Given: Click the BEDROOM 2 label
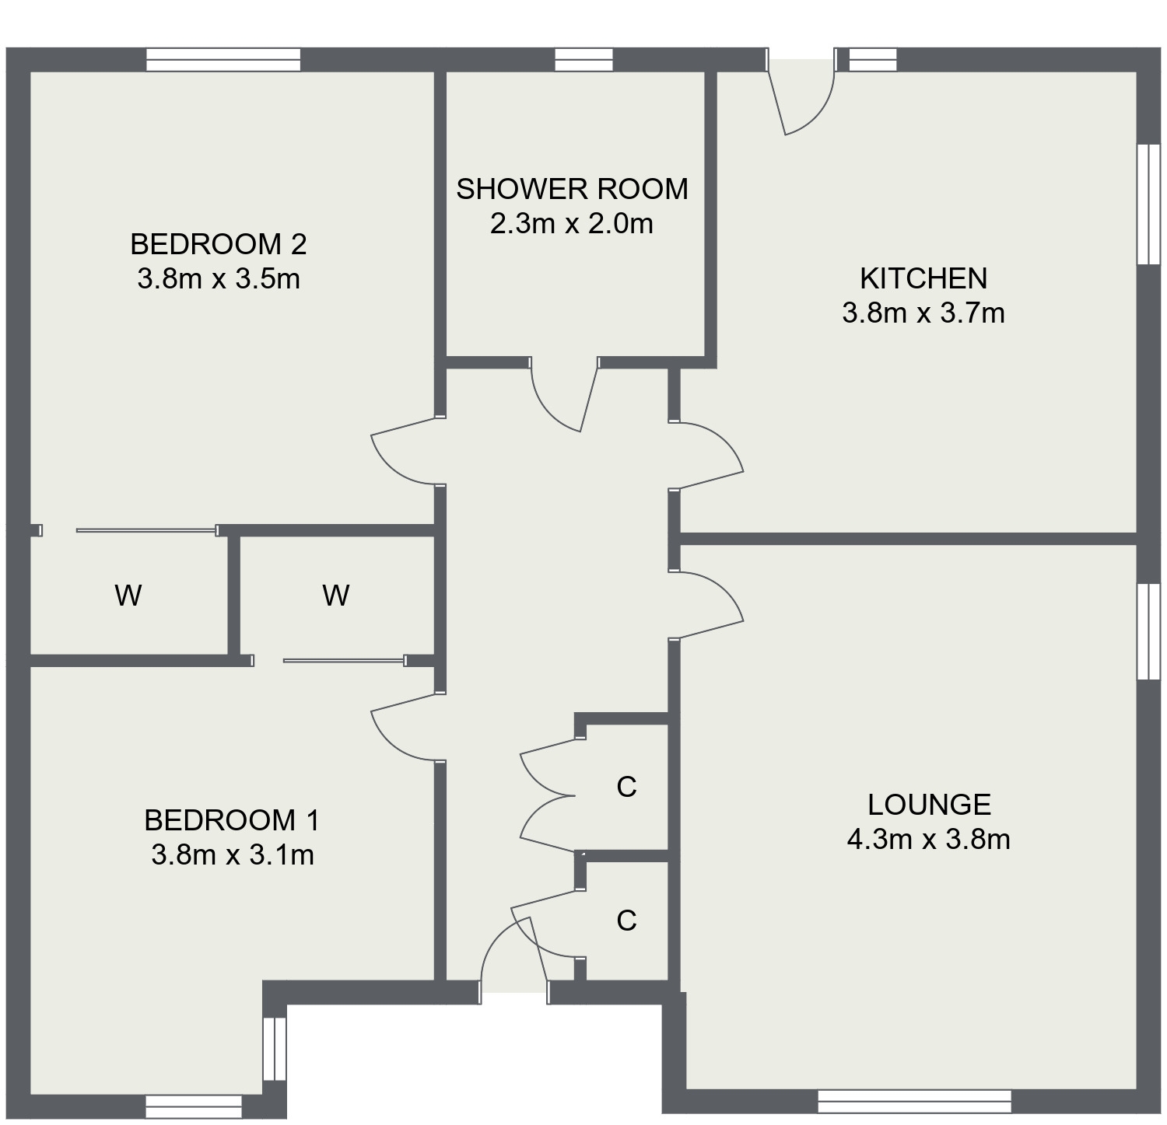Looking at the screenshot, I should point(219,244).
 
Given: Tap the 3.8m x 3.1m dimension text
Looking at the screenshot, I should point(233,855).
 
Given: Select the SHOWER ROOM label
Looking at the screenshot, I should point(572,189).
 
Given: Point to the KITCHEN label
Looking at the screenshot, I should point(923,278).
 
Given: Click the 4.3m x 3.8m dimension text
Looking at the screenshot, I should point(928,840).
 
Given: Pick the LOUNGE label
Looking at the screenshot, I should point(929,805).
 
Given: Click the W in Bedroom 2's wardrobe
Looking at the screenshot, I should point(128,596).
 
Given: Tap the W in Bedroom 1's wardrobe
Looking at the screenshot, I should point(335,596).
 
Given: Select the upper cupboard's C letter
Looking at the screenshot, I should point(626,787).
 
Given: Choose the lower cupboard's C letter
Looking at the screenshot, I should point(626,920).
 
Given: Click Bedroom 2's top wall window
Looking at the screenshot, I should point(223,60).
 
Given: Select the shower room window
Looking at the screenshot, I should point(583,60).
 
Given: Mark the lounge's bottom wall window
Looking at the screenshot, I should point(914,1101).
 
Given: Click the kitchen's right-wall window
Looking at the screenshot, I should point(1148,204).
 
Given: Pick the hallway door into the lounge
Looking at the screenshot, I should point(708,603).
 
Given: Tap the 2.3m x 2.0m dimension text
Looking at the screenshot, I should point(572,224).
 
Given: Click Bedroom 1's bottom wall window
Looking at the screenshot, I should point(194,1106).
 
